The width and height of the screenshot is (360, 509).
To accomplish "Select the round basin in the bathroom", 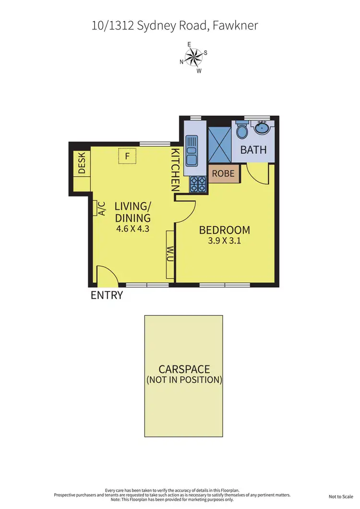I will click(x=263, y=129).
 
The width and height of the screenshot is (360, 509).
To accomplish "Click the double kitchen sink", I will click(x=191, y=150).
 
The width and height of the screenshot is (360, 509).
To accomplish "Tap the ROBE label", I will click(x=223, y=173).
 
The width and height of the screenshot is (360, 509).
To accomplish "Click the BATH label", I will click(x=253, y=149).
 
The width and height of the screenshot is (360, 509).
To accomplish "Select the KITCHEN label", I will click(x=176, y=170).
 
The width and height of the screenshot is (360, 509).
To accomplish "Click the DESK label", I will click(x=81, y=164).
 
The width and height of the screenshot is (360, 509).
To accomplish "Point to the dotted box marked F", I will click(x=127, y=156).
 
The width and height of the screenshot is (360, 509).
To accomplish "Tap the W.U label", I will click(x=170, y=254).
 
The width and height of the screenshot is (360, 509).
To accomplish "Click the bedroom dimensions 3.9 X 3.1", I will click(x=224, y=241).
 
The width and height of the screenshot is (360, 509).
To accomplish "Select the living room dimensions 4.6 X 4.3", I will click(x=133, y=229).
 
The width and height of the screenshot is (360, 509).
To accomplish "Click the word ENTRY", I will click(x=107, y=295).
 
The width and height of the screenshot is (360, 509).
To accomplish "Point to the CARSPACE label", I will click(x=184, y=369).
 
